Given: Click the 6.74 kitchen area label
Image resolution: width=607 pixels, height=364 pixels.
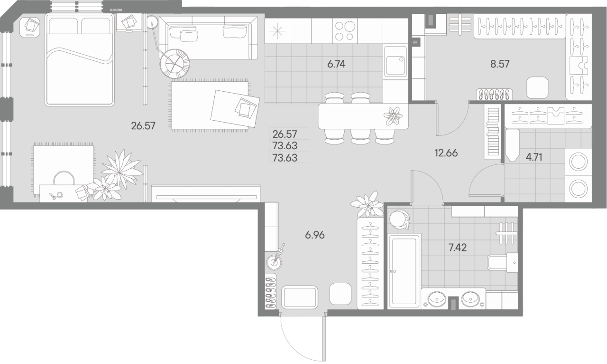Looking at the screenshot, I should [x=336, y=64].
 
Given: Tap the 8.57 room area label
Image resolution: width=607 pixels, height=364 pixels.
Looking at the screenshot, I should [x=500, y=64].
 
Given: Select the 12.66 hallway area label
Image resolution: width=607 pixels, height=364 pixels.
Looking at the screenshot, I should [x=446, y=153].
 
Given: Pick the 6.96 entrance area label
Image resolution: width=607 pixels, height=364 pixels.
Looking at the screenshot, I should [x=315, y=235].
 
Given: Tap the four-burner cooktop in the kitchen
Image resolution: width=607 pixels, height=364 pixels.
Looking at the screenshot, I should [x=344, y=30].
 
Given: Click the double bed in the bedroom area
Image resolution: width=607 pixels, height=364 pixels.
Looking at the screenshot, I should [x=80, y=59].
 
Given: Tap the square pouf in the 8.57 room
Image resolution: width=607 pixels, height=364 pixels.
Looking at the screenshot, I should [x=538, y=86].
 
